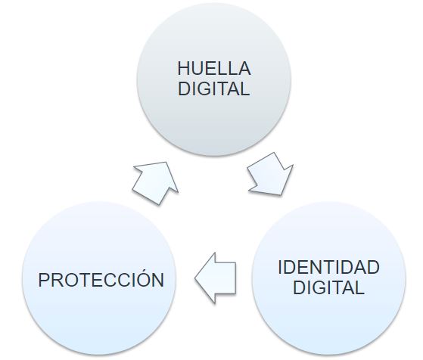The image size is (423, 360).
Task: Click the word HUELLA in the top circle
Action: pos(214,69)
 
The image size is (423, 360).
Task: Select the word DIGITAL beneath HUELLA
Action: pos(213,88)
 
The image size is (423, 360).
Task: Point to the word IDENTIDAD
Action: pos(328,267)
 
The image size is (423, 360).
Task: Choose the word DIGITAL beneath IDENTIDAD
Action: pos(328,287)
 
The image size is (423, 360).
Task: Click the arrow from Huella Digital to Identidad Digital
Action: pos(271,174)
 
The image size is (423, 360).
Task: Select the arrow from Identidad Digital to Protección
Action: pos(215,278)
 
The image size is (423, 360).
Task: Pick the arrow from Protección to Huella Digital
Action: pos(156,183)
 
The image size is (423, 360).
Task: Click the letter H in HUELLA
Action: pos(183,69)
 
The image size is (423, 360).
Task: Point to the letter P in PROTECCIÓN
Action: pos(44,280)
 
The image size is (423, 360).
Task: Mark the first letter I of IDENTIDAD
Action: pos(280,267)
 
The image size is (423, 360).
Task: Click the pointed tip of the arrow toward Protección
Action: pos(195,278)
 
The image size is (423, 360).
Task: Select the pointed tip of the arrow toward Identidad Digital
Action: pos(281,194)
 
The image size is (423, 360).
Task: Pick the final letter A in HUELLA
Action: pos(244,69)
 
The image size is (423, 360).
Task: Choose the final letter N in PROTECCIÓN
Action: pos(158,280)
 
